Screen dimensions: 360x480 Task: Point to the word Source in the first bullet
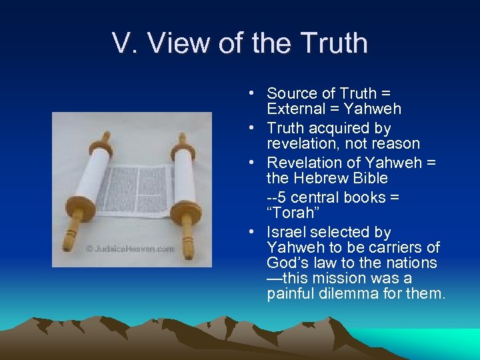click(x=292, y=93)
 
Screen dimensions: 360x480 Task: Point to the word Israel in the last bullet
click(x=285, y=232)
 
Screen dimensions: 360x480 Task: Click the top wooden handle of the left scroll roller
click(x=105, y=139)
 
